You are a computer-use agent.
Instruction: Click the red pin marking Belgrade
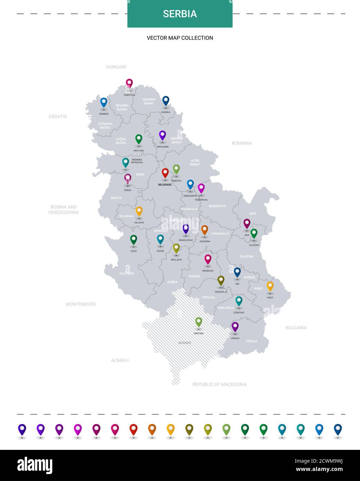[x=165, y=173]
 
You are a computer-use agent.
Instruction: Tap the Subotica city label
[x=129, y=95]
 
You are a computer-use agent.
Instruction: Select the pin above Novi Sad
[x=138, y=139]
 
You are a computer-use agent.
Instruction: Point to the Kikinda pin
[x=166, y=101]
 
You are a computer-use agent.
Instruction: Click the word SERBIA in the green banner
[x=180, y=14]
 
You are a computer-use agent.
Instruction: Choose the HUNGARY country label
[x=116, y=67]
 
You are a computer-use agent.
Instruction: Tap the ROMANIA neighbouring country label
[x=242, y=143]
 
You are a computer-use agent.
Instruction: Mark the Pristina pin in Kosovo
[x=198, y=322]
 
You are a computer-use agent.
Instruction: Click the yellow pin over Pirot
[x=270, y=286]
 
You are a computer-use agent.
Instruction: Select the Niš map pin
[x=237, y=272]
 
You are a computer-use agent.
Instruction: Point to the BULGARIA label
[x=296, y=328]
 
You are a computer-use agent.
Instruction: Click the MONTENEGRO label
[x=81, y=304]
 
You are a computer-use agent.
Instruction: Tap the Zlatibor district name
[x=126, y=273]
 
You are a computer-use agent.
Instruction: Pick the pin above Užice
[x=133, y=239]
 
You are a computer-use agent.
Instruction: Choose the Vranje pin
[x=235, y=327]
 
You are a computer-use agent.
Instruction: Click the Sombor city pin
[x=103, y=102]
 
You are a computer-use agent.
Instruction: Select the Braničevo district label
[x=217, y=206]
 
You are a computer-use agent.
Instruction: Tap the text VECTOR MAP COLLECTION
[x=180, y=38]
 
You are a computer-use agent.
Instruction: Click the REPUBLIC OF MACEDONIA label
[x=219, y=384]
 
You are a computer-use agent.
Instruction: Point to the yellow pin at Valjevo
[x=139, y=211]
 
